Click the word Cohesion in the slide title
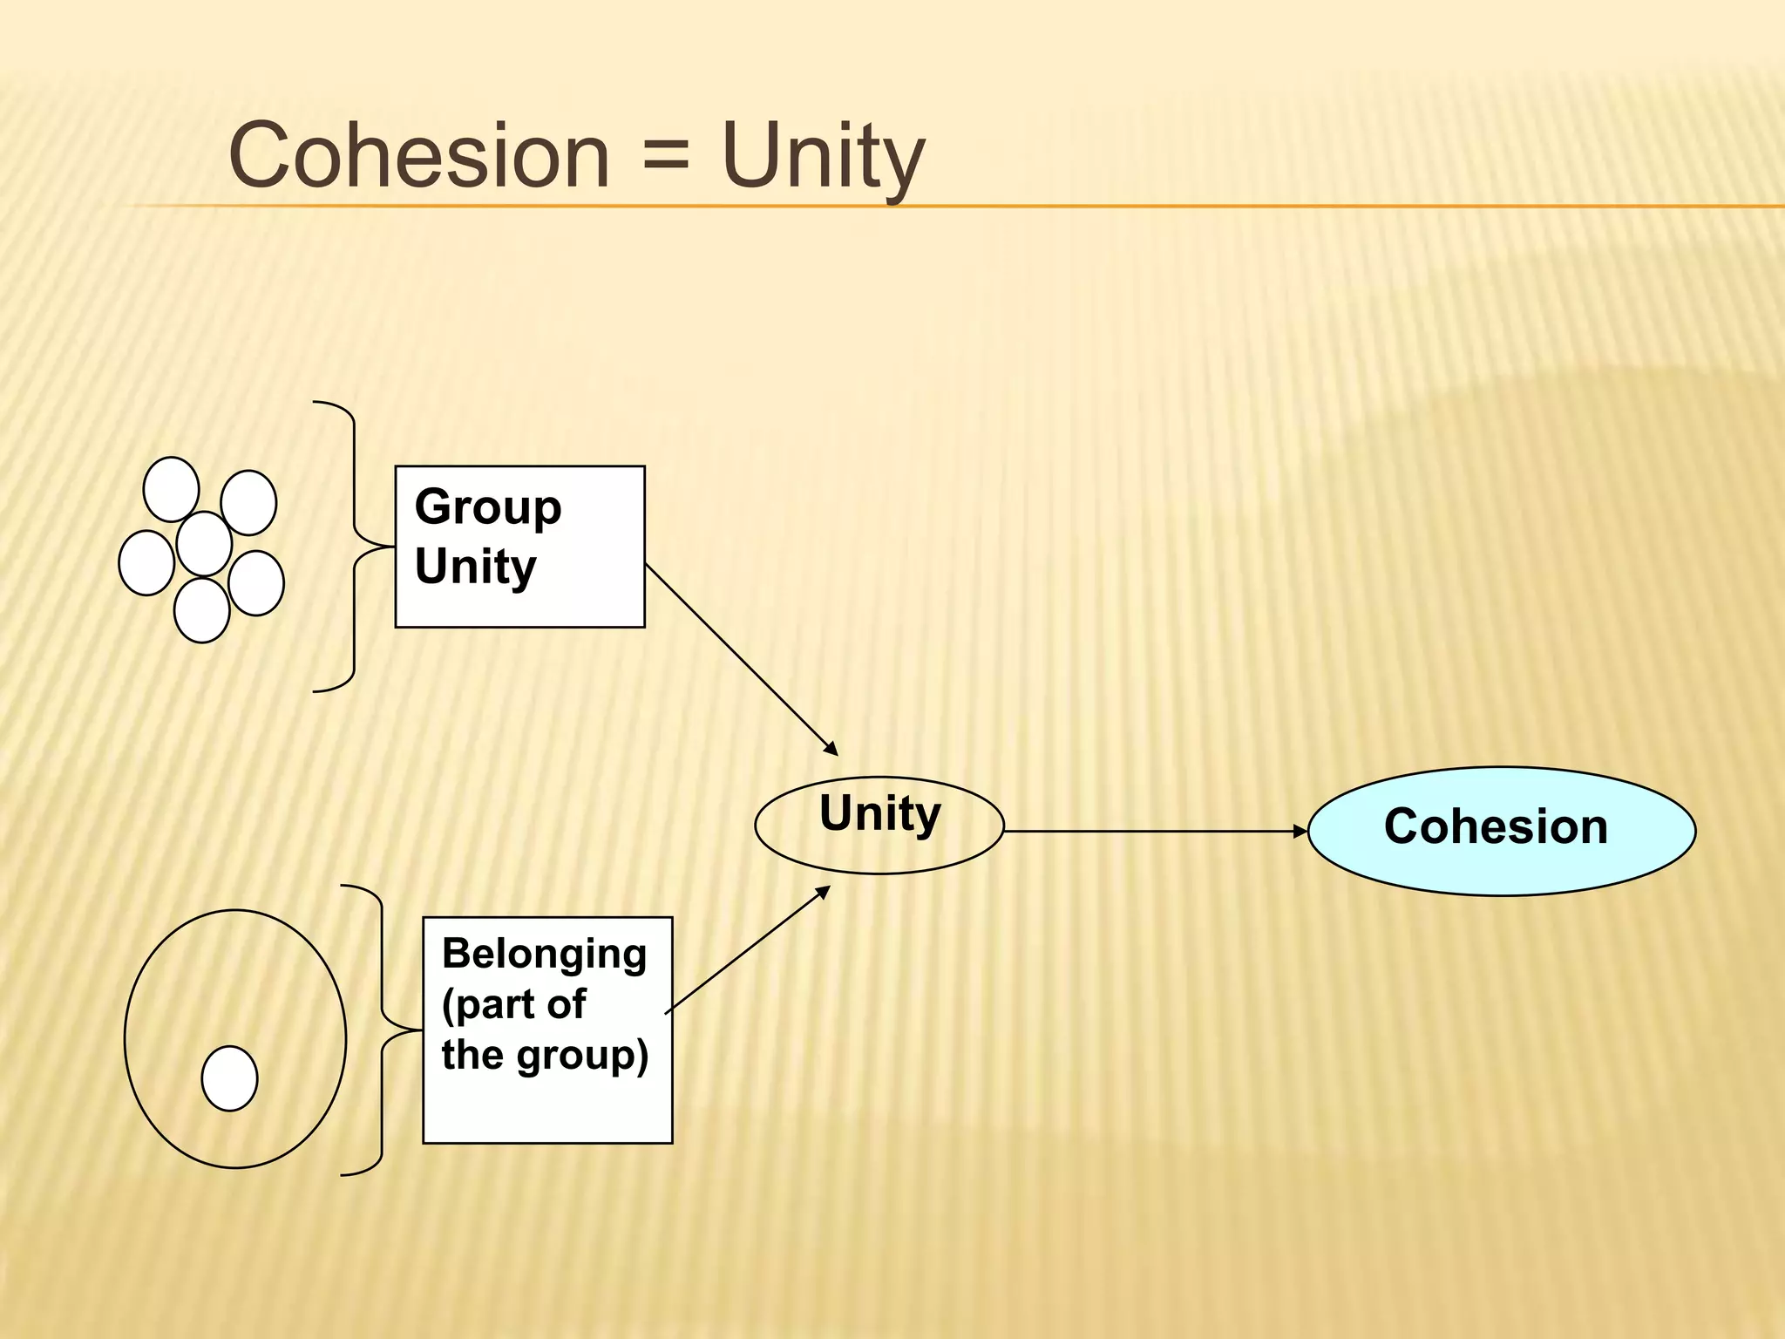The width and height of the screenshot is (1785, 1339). pos(418,155)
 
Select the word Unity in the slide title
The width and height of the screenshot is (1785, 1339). pos(823,157)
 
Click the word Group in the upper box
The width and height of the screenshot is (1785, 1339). pos(488,507)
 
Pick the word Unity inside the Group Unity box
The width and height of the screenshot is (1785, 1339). pos(476,567)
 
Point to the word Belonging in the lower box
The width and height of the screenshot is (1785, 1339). pos(544,954)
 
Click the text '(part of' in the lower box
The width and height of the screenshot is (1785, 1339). pos(513,1004)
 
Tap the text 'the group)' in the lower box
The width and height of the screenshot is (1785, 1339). pos(545,1055)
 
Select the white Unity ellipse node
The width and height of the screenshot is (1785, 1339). pos(879,825)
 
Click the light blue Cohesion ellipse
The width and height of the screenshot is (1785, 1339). pos(1501,831)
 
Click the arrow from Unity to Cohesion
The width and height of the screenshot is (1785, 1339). pos(1150,832)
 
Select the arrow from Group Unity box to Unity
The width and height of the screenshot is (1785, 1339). pos(741,660)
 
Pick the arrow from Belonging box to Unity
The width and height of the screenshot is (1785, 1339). pos(748,949)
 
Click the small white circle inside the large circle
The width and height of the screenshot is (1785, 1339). pos(229,1078)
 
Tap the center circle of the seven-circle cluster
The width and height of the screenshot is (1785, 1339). pos(204,544)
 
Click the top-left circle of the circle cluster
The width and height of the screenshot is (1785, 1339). pos(171,489)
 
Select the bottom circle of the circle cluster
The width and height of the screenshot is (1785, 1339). pos(201,610)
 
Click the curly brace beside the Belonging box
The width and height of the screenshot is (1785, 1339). pos(382,1030)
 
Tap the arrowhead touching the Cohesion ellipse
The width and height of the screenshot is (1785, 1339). pos(1300,832)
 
